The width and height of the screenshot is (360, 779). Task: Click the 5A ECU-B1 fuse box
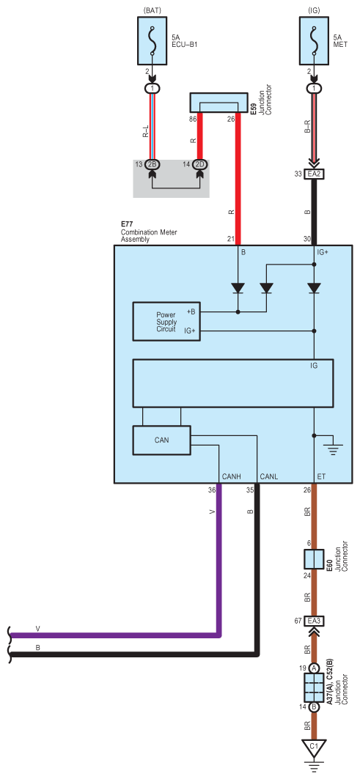pos(153,40)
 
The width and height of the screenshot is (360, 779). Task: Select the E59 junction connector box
pos(218,103)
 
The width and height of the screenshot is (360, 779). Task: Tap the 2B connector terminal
pos(153,164)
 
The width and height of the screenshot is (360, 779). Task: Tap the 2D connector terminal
pos(200,164)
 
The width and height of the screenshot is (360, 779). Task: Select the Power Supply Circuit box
pos(166,322)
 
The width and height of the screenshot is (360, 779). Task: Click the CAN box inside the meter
pos(161,440)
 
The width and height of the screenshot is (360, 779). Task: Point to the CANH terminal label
pos(231,477)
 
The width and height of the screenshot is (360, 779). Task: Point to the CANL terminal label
pos(268,477)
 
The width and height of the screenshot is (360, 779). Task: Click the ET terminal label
pos(321,477)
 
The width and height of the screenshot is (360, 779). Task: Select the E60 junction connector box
pos(314,559)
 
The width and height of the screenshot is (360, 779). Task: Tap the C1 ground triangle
pos(314,746)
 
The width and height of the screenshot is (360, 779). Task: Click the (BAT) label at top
pos(153,10)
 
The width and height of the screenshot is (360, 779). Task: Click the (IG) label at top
pos(314,10)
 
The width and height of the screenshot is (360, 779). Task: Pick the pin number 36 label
pos(212,490)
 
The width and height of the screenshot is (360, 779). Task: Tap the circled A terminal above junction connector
pos(315,668)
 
